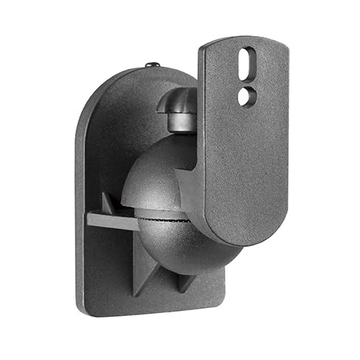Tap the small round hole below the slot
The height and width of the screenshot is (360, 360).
(x=246, y=94)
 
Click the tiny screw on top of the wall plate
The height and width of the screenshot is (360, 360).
(x=150, y=66)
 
